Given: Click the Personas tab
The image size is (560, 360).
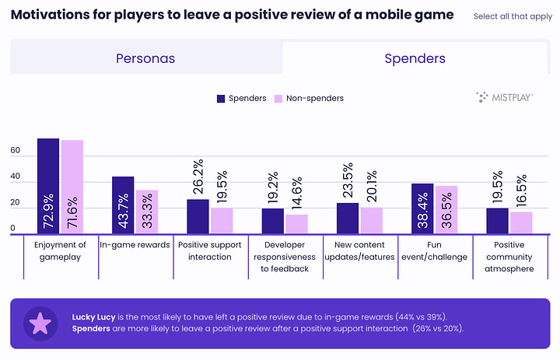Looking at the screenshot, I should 145,58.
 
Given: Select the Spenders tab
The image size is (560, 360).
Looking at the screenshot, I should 415,58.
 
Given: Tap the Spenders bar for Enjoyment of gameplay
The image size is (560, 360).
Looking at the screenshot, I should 48,187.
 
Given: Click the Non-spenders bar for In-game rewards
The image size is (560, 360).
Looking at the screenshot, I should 147,212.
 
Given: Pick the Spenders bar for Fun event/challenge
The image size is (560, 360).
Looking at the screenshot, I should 422,209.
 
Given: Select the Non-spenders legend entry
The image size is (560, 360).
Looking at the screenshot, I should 309,98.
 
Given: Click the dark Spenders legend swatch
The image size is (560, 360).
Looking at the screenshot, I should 221,98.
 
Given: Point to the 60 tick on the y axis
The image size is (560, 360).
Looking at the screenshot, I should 14,156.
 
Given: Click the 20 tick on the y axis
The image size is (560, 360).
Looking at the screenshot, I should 14,204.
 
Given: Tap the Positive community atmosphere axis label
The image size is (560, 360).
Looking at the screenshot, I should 509,257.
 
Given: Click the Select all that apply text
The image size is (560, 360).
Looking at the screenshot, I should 513,16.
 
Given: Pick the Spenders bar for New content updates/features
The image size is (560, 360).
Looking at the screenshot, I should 348,218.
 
